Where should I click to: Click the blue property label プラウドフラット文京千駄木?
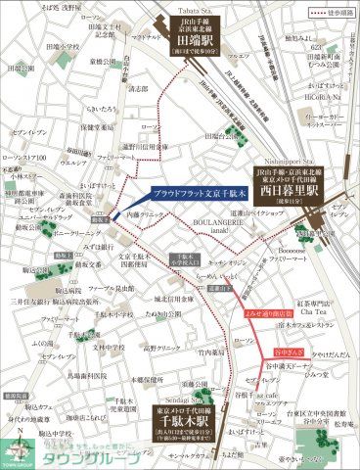(x=204, y=194)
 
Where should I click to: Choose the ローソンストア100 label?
(x=25, y=158)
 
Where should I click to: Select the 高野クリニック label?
(x=162, y=347)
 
